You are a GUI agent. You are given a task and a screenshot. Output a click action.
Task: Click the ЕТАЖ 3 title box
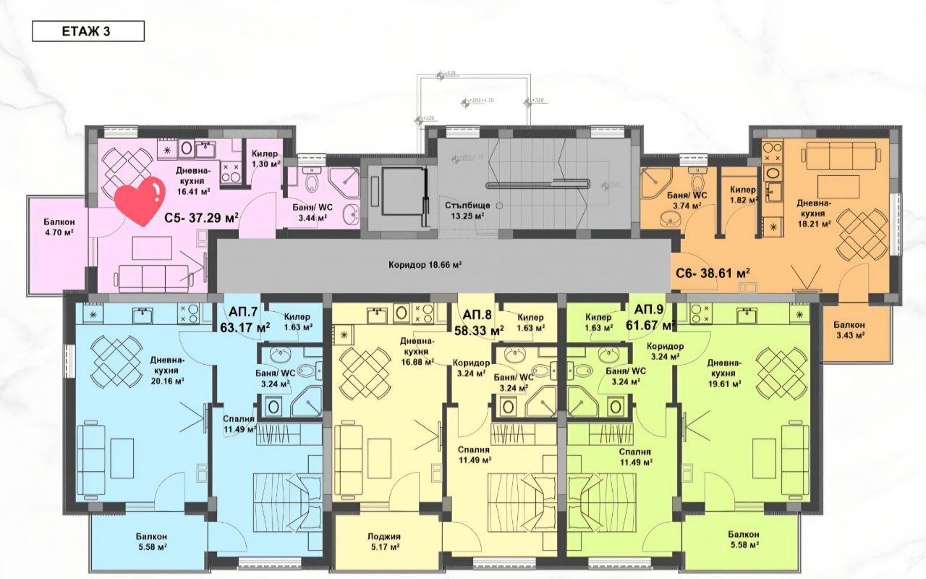[x=88, y=31]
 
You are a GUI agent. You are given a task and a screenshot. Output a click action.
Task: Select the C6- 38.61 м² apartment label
[x=713, y=273]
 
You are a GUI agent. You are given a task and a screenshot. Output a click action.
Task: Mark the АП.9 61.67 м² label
[x=653, y=318]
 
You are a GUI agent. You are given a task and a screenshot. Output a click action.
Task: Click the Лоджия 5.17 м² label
[x=383, y=542]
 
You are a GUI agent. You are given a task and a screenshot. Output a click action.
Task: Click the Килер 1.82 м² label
[x=743, y=195]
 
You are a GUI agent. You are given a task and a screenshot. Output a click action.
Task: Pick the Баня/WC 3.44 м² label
[x=312, y=212]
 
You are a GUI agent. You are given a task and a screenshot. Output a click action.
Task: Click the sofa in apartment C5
[x=153, y=277]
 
